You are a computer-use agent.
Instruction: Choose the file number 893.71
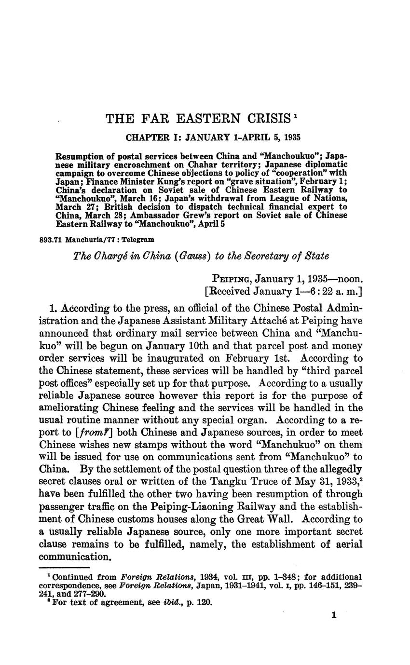point(50,239)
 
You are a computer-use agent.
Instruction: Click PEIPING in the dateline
point(232,279)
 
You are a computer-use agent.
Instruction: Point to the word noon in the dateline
point(348,279)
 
